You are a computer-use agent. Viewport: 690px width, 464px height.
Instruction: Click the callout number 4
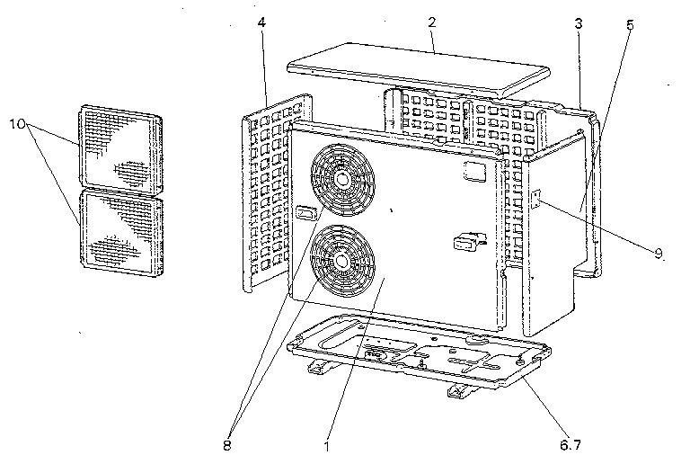261,22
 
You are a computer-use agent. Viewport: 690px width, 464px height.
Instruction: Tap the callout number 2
432,22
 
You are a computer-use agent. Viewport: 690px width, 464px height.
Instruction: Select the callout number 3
579,23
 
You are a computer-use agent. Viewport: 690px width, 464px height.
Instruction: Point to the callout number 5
630,24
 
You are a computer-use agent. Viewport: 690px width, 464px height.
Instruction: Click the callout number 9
659,253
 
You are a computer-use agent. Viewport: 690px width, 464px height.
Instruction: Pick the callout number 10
18,124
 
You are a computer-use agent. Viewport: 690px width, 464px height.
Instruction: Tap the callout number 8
227,445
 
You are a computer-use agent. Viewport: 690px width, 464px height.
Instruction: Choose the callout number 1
326,446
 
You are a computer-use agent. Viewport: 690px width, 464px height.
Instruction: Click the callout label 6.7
571,445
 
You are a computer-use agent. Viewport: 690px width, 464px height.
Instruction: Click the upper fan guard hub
341,180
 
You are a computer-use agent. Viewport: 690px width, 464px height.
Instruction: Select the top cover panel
419,69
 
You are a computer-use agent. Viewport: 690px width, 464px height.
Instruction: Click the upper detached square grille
120,149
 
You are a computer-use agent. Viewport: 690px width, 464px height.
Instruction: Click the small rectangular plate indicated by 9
536,199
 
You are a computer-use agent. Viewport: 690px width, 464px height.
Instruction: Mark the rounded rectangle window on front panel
474,171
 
